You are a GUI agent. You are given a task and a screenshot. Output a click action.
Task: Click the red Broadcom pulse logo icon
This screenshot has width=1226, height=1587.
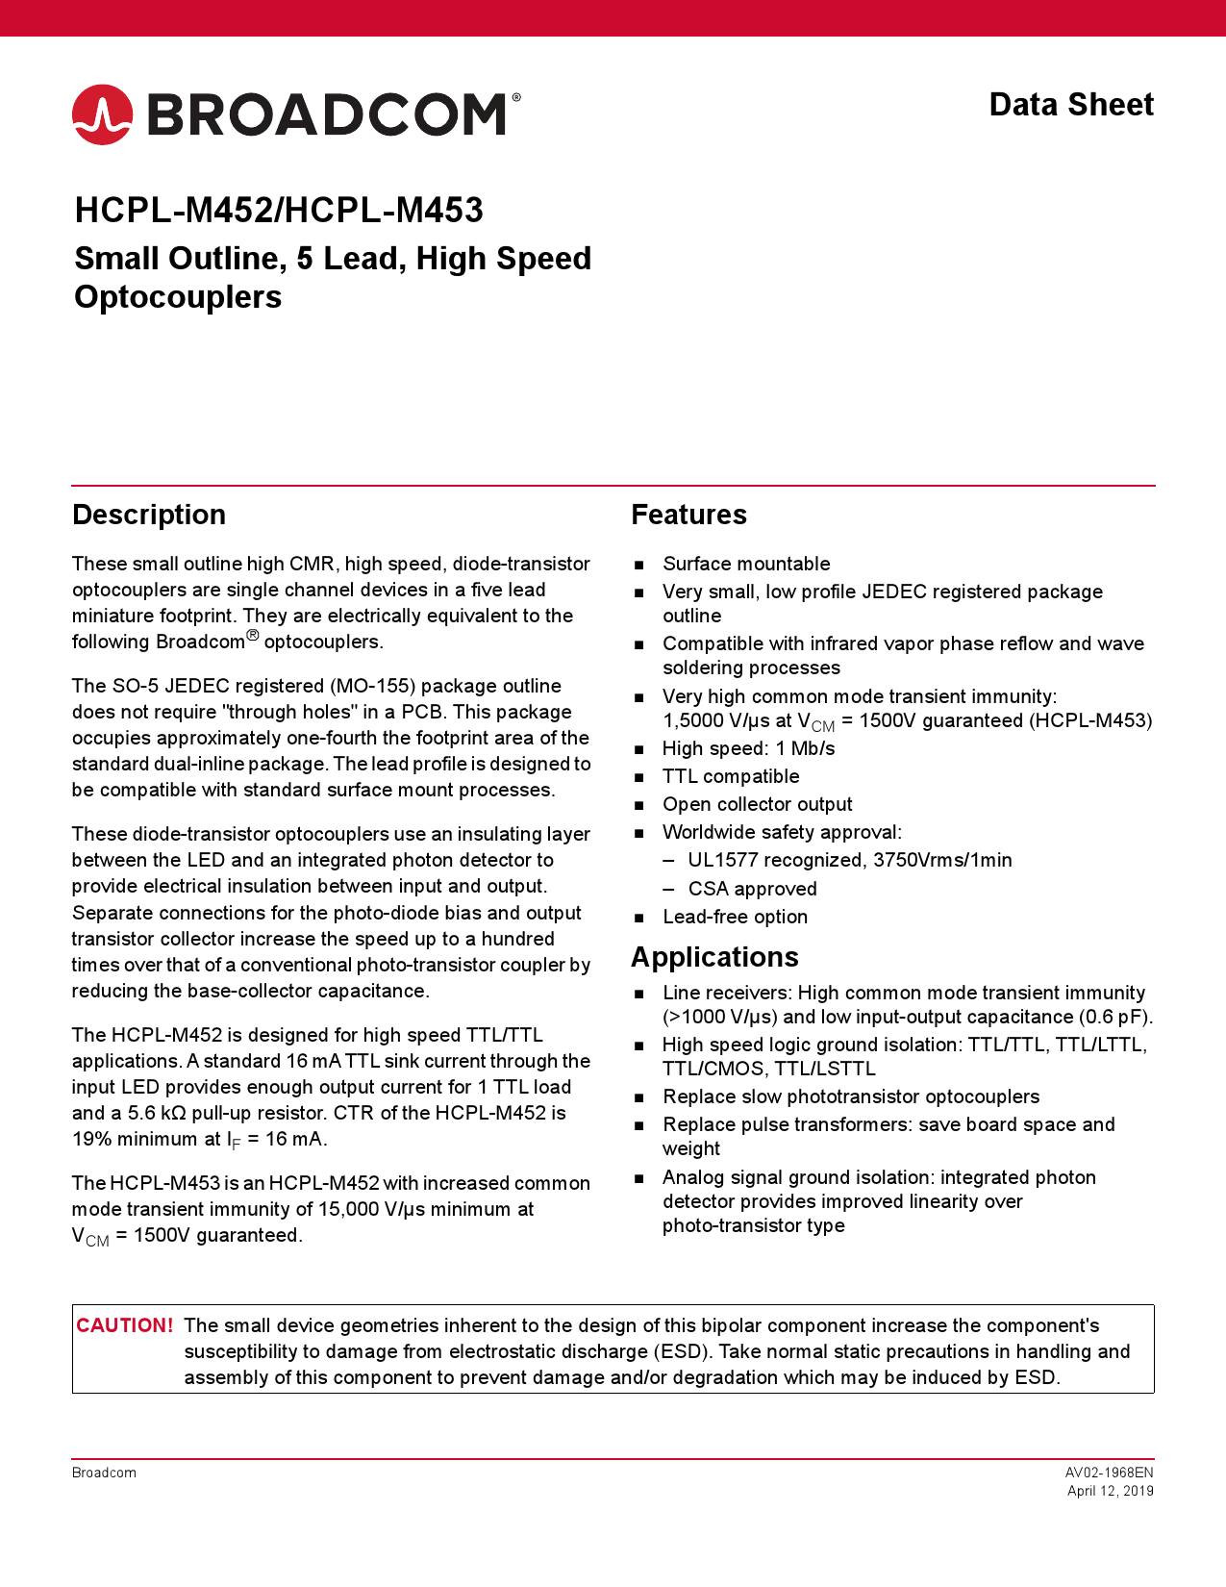pos(102,114)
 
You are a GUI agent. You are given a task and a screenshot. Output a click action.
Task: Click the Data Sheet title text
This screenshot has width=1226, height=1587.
pos(1071,105)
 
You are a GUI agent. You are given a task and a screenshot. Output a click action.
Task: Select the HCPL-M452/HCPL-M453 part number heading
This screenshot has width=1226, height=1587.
pos(279,211)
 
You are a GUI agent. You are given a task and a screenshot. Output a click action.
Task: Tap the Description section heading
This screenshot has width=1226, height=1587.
pos(149,515)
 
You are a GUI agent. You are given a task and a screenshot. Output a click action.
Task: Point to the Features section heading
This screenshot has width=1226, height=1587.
pos(688,515)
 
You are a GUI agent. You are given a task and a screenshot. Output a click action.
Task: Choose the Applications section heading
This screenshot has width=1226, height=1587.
pos(714,957)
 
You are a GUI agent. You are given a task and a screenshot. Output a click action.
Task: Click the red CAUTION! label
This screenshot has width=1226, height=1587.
pos(125,1325)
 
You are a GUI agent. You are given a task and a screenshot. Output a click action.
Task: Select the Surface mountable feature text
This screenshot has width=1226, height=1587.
pos(746,564)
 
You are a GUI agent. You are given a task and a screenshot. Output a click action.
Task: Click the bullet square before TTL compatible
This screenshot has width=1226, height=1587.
pos(639,777)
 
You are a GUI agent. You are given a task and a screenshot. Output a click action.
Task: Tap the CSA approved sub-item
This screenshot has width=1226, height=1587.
pos(752,889)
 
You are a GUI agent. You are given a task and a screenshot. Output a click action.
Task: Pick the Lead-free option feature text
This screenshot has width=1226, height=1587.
pos(735,917)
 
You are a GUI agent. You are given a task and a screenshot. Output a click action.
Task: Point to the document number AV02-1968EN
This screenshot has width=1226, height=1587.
pos(1109,1473)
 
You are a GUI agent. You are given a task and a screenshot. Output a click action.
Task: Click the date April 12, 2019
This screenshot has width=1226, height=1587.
pos(1110,1491)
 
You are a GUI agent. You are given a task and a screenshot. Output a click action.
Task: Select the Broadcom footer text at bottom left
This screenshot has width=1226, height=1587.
pos(104,1473)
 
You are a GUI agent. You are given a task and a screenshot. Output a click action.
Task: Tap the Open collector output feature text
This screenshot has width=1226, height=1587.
pos(757,804)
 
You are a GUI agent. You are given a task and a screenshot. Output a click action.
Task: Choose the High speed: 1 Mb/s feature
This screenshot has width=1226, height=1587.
pos(748,748)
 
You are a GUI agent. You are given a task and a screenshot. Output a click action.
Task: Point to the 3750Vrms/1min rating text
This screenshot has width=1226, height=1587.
pos(942,860)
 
